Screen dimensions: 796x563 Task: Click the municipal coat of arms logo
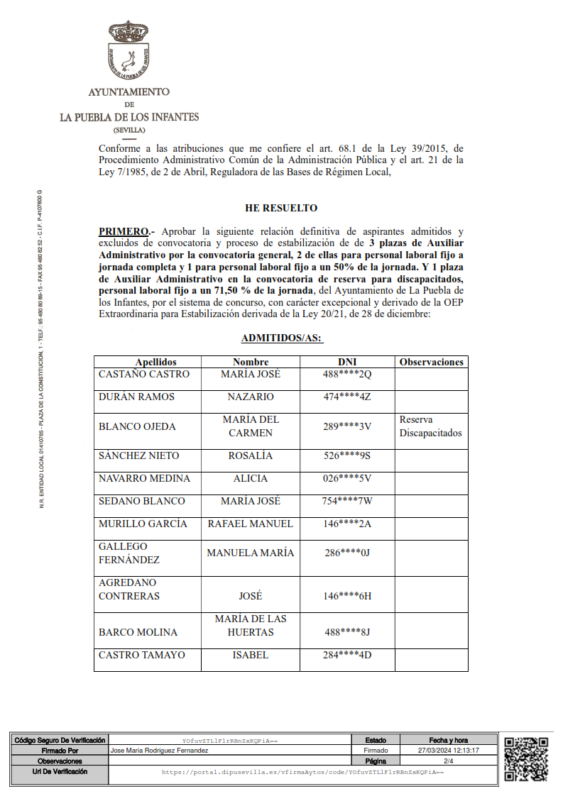click(129, 51)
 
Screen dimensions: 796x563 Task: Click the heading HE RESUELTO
click(281, 208)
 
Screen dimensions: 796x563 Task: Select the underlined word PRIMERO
click(124, 231)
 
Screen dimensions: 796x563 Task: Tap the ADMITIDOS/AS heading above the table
click(281, 338)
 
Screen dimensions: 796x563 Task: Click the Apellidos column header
click(155, 362)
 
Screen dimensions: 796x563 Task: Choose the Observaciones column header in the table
click(431, 362)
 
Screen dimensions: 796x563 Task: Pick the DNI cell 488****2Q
click(347, 374)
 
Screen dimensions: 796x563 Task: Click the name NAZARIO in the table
click(250, 397)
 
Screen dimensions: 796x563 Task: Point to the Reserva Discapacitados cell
click(430, 426)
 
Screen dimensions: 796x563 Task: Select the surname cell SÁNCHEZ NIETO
click(138, 455)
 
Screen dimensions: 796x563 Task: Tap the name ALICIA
click(250, 478)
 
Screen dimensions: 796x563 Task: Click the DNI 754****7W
click(347, 501)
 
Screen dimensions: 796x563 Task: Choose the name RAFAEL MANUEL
click(250, 524)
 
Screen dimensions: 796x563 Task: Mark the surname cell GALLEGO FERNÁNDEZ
click(129, 553)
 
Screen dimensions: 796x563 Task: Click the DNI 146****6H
click(347, 596)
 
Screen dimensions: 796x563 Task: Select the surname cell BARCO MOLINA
click(138, 632)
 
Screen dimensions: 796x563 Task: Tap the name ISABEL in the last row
click(250, 655)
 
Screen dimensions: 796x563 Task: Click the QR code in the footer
click(526, 759)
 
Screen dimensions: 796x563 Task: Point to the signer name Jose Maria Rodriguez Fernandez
click(159, 750)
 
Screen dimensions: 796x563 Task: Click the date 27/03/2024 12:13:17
click(449, 750)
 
